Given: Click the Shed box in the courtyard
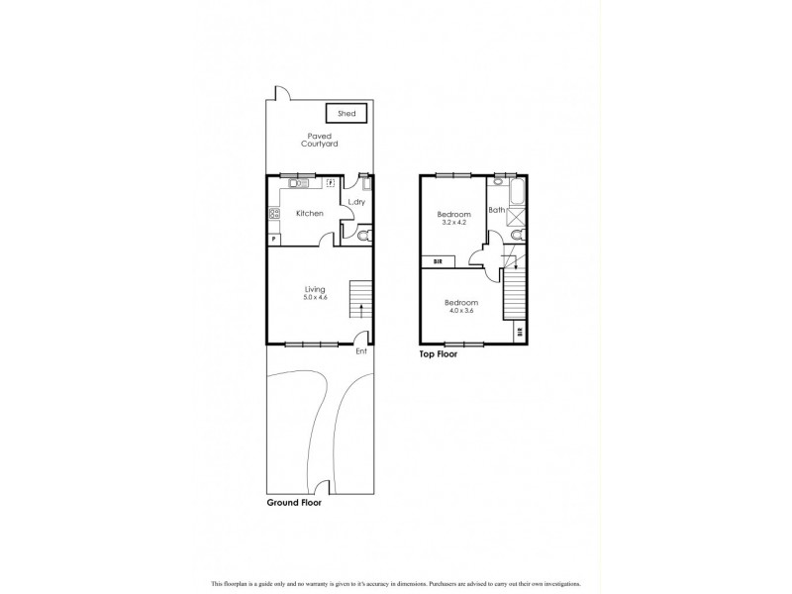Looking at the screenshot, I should pyautogui.click(x=346, y=114).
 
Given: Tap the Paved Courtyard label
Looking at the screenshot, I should pyautogui.click(x=321, y=140).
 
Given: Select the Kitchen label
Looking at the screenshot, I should pyautogui.click(x=310, y=214).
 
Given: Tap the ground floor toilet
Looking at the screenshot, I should pyautogui.click(x=363, y=236).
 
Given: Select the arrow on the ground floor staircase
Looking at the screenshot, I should pyautogui.click(x=362, y=309).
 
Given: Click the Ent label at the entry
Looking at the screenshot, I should pyautogui.click(x=361, y=350).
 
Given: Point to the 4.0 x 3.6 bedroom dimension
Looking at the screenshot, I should pyautogui.click(x=461, y=311).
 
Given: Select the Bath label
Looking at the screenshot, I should pyautogui.click(x=497, y=210).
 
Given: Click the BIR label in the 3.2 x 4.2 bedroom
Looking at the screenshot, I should pyautogui.click(x=438, y=261).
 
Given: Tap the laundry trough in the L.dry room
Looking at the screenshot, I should pyautogui.click(x=366, y=183).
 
